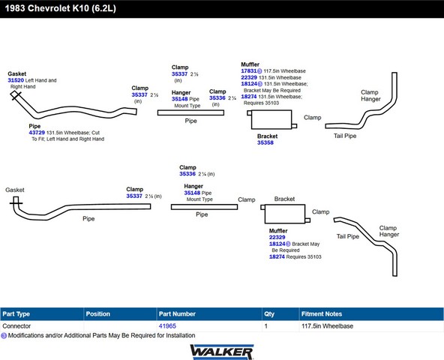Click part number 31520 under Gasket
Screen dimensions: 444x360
[x=16, y=80]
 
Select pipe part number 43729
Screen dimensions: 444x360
[x=37, y=133]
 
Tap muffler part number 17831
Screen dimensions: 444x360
[x=249, y=71]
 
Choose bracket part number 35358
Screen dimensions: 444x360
[x=265, y=142]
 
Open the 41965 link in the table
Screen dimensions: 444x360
[x=167, y=326]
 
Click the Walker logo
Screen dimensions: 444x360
[x=222, y=352]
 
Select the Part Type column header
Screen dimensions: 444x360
[x=16, y=313]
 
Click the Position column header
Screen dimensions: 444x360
[x=98, y=313]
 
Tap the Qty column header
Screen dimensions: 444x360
[x=269, y=314]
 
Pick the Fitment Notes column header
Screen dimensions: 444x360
[x=322, y=313]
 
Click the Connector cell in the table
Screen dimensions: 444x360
[x=16, y=326]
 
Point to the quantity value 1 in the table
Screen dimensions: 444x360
[x=266, y=326]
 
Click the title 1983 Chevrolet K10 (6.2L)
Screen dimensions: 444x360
[x=60, y=8]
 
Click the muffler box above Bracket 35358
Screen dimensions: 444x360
[x=271, y=119]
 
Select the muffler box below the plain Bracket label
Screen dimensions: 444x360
[x=285, y=214]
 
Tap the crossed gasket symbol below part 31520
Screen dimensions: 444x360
[x=16, y=95]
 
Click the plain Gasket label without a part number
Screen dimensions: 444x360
[x=15, y=190]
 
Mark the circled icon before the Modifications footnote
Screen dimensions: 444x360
[x=4, y=336]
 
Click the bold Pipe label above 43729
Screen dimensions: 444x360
[x=34, y=126]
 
